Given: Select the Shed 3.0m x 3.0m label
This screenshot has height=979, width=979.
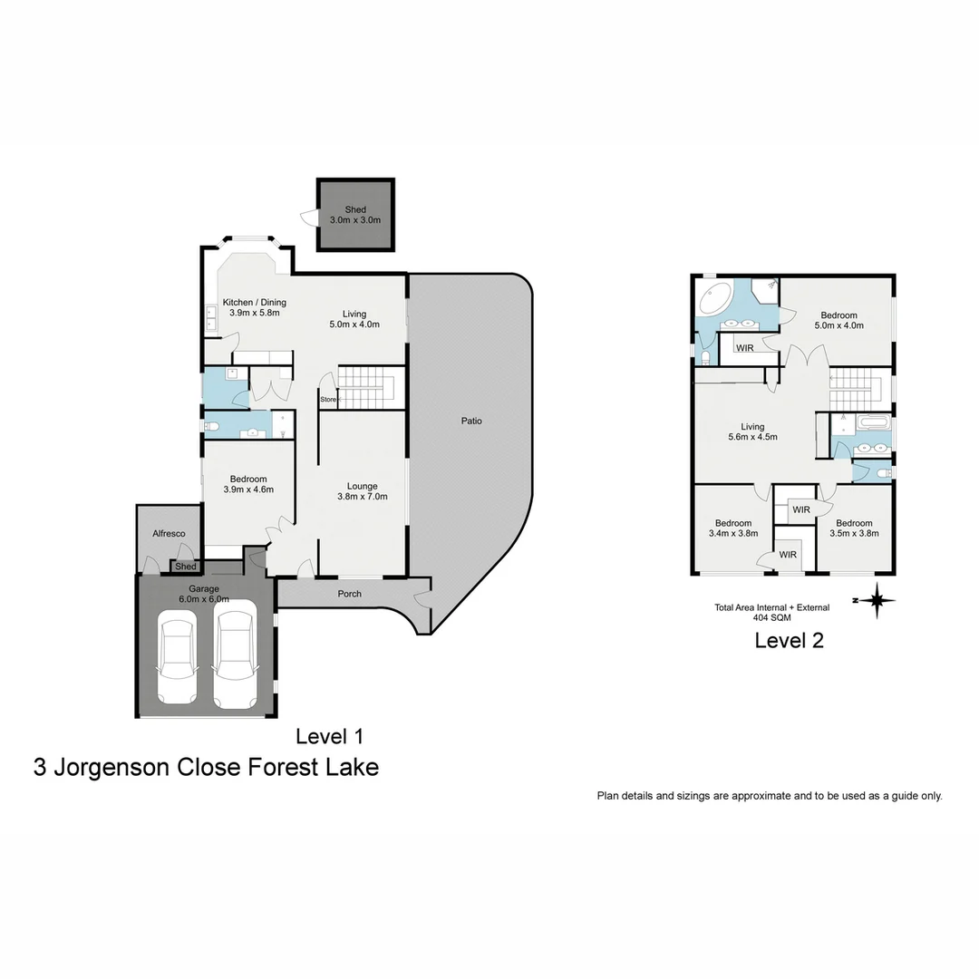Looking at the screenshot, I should (x=355, y=215).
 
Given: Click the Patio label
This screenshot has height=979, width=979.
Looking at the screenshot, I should (x=470, y=421).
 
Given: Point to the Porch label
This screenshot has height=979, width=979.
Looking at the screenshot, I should (x=349, y=594).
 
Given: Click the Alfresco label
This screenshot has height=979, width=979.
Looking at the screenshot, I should (x=169, y=533).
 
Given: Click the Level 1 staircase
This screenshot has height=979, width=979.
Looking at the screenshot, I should (x=367, y=387).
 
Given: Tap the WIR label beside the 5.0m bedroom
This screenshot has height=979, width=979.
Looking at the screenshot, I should (x=745, y=347).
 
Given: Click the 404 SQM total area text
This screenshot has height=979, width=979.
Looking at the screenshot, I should (x=771, y=616).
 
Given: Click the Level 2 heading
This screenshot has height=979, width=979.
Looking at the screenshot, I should (x=789, y=641).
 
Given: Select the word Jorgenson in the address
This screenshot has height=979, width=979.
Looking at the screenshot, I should (x=111, y=767).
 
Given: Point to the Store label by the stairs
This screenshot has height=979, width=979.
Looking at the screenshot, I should (x=328, y=399).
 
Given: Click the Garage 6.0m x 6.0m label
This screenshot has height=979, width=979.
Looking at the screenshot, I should (x=204, y=594).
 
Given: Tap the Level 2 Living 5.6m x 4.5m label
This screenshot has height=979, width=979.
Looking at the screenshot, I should (x=751, y=431).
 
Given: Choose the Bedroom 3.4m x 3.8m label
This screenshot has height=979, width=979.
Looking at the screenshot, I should (x=732, y=528).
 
